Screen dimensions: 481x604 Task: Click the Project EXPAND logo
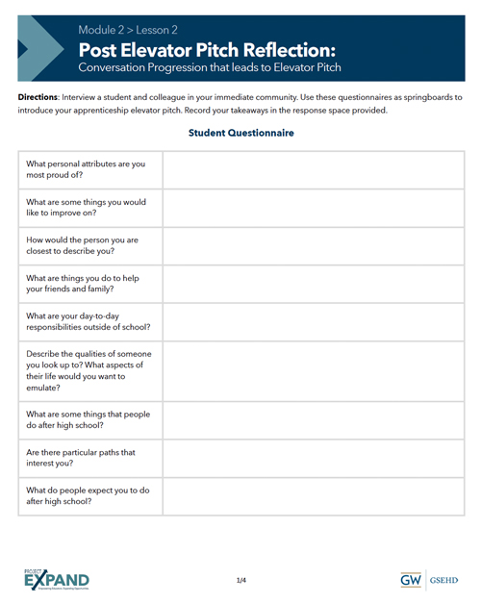[57, 580]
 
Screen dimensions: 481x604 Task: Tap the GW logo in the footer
[411, 581]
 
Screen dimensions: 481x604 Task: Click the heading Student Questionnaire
[240, 133]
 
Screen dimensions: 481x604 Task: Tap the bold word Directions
[38, 98]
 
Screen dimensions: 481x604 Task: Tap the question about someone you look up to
[89, 370]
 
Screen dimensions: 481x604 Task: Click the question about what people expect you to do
[88, 495]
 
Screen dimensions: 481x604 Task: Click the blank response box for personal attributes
[313, 170]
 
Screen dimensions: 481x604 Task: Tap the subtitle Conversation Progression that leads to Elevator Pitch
[210, 68]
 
